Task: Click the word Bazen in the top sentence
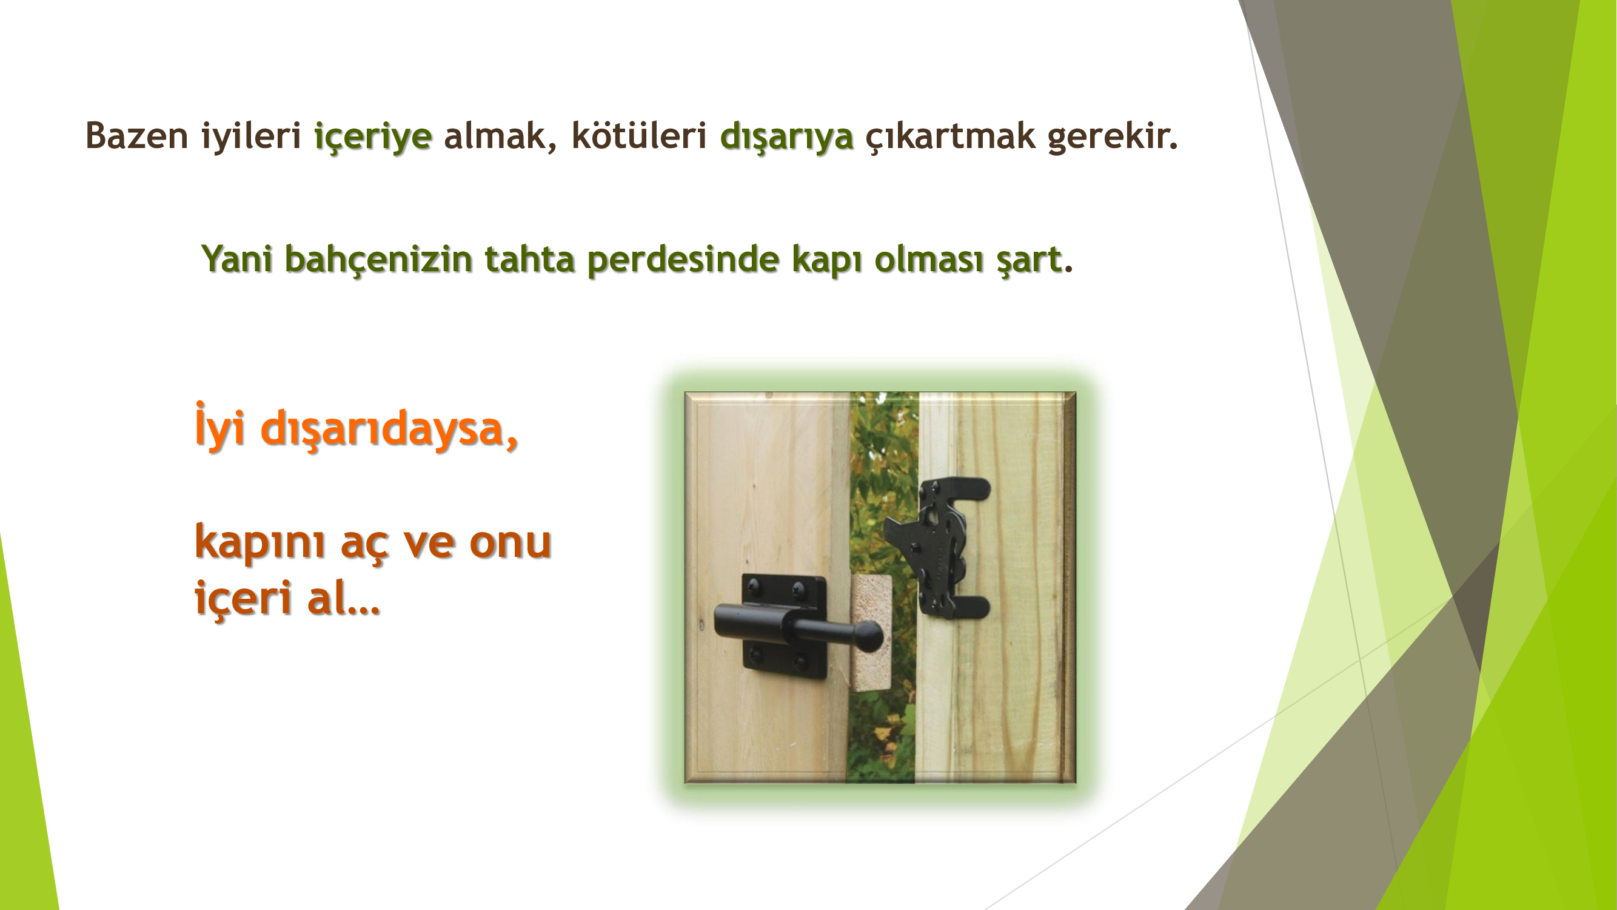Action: [137, 136]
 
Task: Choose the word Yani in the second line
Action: [236, 259]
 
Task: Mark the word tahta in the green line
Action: [529, 259]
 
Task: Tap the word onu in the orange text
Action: [511, 542]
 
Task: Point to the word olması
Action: [929, 259]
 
